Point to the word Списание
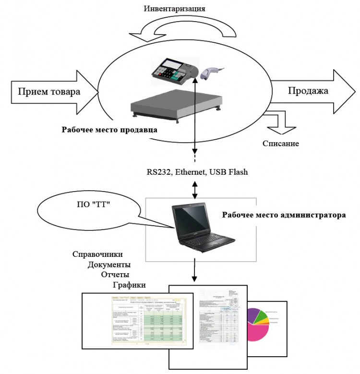[281, 143]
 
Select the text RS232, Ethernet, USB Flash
[197, 171]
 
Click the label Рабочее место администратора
[283, 215]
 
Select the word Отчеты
[116, 275]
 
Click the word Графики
[129, 285]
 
